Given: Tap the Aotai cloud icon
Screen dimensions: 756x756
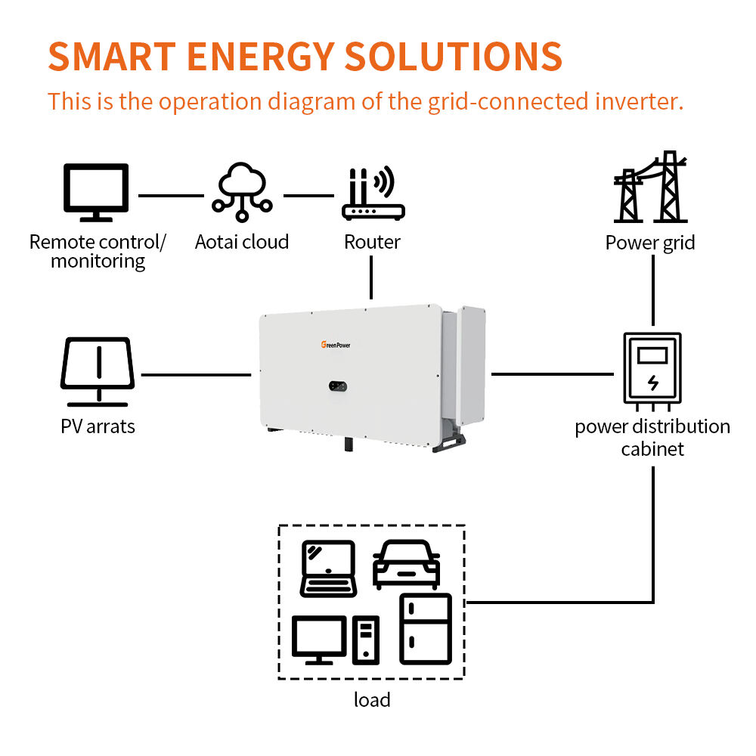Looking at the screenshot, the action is click(x=242, y=192).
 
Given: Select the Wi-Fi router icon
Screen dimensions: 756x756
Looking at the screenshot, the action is click(x=373, y=194).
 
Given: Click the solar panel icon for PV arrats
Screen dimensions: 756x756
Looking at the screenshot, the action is click(x=98, y=372).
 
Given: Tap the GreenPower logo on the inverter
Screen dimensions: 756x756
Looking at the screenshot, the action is click(x=336, y=345).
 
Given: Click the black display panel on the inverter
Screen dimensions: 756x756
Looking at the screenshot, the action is click(x=338, y=386).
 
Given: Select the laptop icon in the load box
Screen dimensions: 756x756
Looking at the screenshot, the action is click(x=328, y=569).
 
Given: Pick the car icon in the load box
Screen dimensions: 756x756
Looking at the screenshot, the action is click(x=407, y=564).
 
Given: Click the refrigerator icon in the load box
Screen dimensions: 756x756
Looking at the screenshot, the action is click(x=426, y=629).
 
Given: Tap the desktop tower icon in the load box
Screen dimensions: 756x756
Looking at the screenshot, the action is click(x=366, y=640).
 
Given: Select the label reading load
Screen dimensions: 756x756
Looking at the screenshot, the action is click(x=372, y=699).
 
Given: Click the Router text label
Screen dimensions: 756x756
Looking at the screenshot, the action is click(x=372, y=242).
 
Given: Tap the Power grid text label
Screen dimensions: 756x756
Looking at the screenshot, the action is click(x=650, y=243).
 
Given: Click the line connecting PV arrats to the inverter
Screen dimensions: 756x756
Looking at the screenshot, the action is click(x=197, y=375).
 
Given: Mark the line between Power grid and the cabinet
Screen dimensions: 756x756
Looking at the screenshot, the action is click(x=653, y=290).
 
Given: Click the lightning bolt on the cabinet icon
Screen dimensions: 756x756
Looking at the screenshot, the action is click(x=653, y=383).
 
